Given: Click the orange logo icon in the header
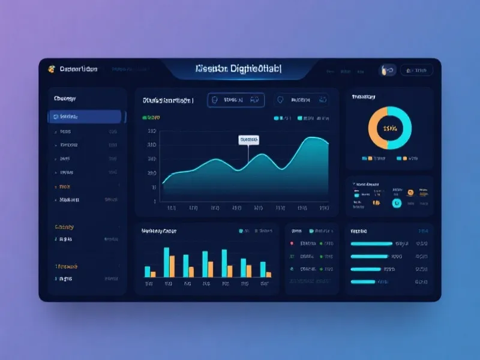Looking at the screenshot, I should (x=52, y=70).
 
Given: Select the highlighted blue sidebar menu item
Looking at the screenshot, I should (x=85, y=116).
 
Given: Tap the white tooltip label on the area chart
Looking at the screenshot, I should (x=248, y=140).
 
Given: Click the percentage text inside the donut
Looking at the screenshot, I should (x=390, y=128).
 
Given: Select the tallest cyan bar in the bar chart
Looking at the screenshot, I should (x=166, y=262).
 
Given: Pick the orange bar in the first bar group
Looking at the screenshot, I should (x=153, y=274).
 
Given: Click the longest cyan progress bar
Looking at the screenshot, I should (x=371, y=244).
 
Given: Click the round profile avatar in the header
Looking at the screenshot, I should (x=384, y=70).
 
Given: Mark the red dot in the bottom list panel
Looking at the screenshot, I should (x=292, y=244).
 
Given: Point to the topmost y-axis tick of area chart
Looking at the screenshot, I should (x=152, y=131).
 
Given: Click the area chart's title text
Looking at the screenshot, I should (x=167, y=101).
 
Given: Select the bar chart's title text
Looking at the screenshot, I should (x=159, y=230).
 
